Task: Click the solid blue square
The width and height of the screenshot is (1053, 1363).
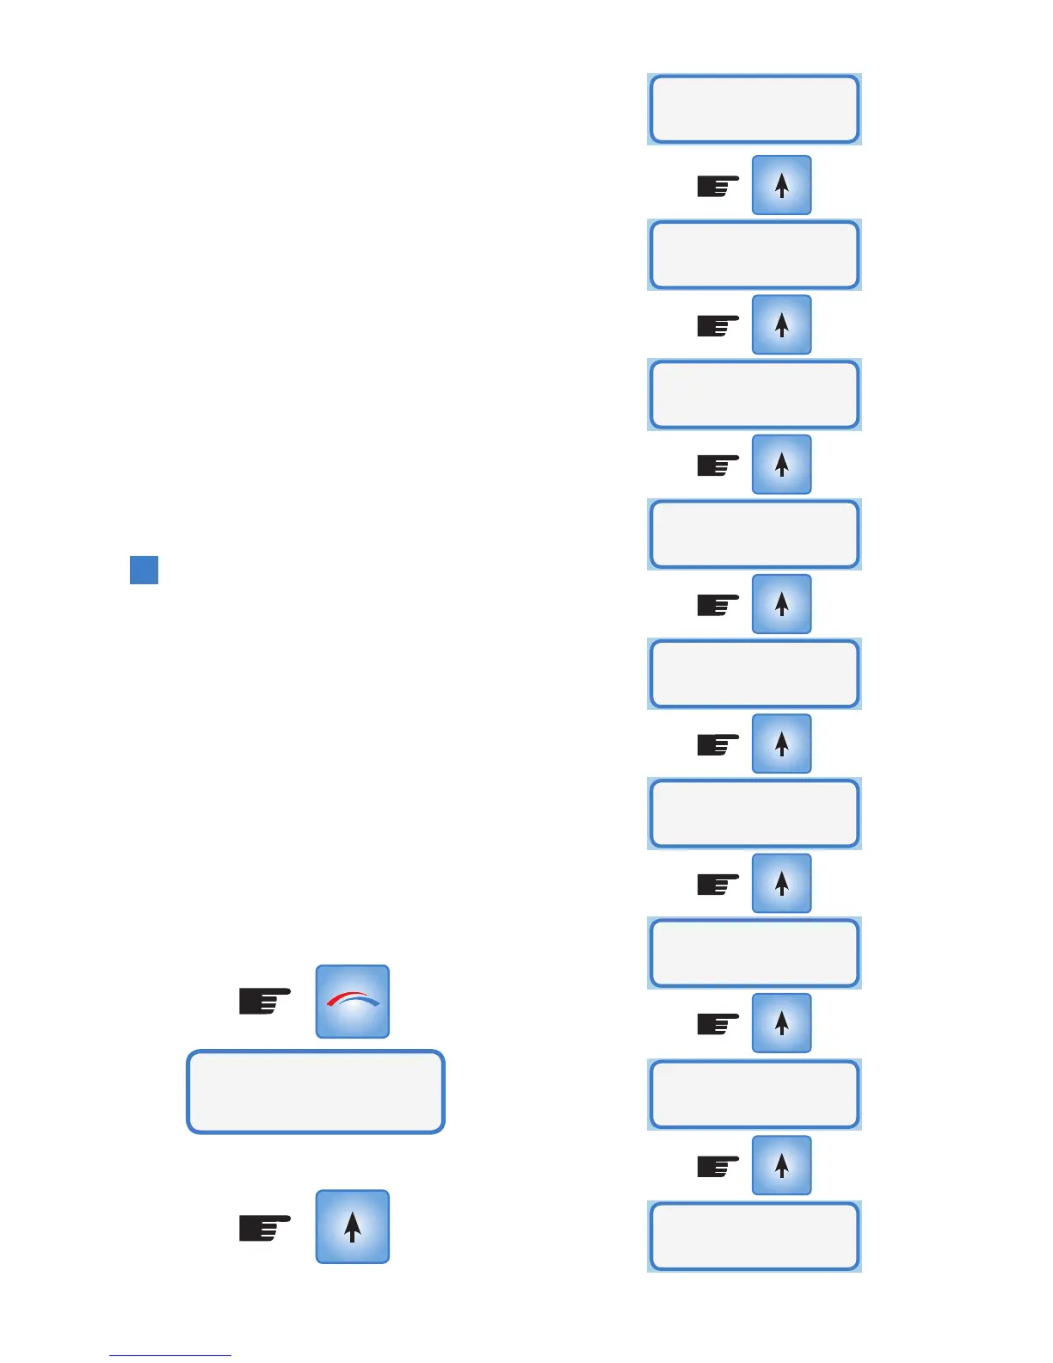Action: (x=144, y=570)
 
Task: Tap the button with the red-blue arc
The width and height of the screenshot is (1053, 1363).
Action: (x=352, y=1001)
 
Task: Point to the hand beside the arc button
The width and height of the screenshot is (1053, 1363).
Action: (x=264, y=1002)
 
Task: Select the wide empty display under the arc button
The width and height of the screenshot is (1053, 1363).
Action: (x=316, y=1091)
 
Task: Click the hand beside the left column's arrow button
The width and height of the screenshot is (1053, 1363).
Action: (x=264, y=1227)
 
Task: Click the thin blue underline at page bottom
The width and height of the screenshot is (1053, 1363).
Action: (x=169, y=1355)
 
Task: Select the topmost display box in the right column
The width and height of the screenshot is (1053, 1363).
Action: (x=754, y=109)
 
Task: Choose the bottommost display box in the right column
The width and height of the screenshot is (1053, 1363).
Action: (x=754, y=1237)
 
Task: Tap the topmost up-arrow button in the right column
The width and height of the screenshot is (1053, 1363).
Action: (x=781, y=185)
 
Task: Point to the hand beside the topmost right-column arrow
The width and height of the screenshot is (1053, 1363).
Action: (x=717, y=186)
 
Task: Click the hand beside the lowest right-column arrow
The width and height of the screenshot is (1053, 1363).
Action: (x=717, y=1166)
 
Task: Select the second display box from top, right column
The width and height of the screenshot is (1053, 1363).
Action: (x=754, y=255)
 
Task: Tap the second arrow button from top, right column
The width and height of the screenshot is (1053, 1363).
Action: (x=781, y=324)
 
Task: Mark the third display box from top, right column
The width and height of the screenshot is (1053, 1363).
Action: (x=754, y=395)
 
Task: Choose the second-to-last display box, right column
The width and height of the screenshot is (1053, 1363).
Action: (x=754, y=1095)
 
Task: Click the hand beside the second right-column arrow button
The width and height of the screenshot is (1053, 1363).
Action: (x=717, y=325)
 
